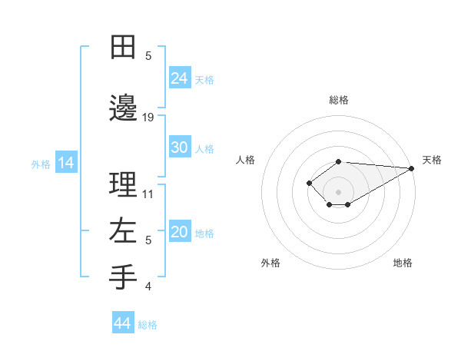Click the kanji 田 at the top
tap(123, 47)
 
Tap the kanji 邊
tap(123, 108)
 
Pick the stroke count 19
tap(148, 118)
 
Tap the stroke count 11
tap(148, 194)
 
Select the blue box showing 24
tap(180, 78)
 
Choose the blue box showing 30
tap(180, 148)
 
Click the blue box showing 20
tap(180, 233)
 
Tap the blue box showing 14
tap(65, 163)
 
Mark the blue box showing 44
tap(122, 323)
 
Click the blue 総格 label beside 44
tap(148, 325)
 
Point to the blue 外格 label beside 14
tap(40, 164)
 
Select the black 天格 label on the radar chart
tap(432, 160)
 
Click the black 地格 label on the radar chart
tap(403, 263)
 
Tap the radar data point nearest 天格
tap(413, 168)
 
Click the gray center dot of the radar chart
tap(338, 191)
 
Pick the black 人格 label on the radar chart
tap(246, 160)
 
